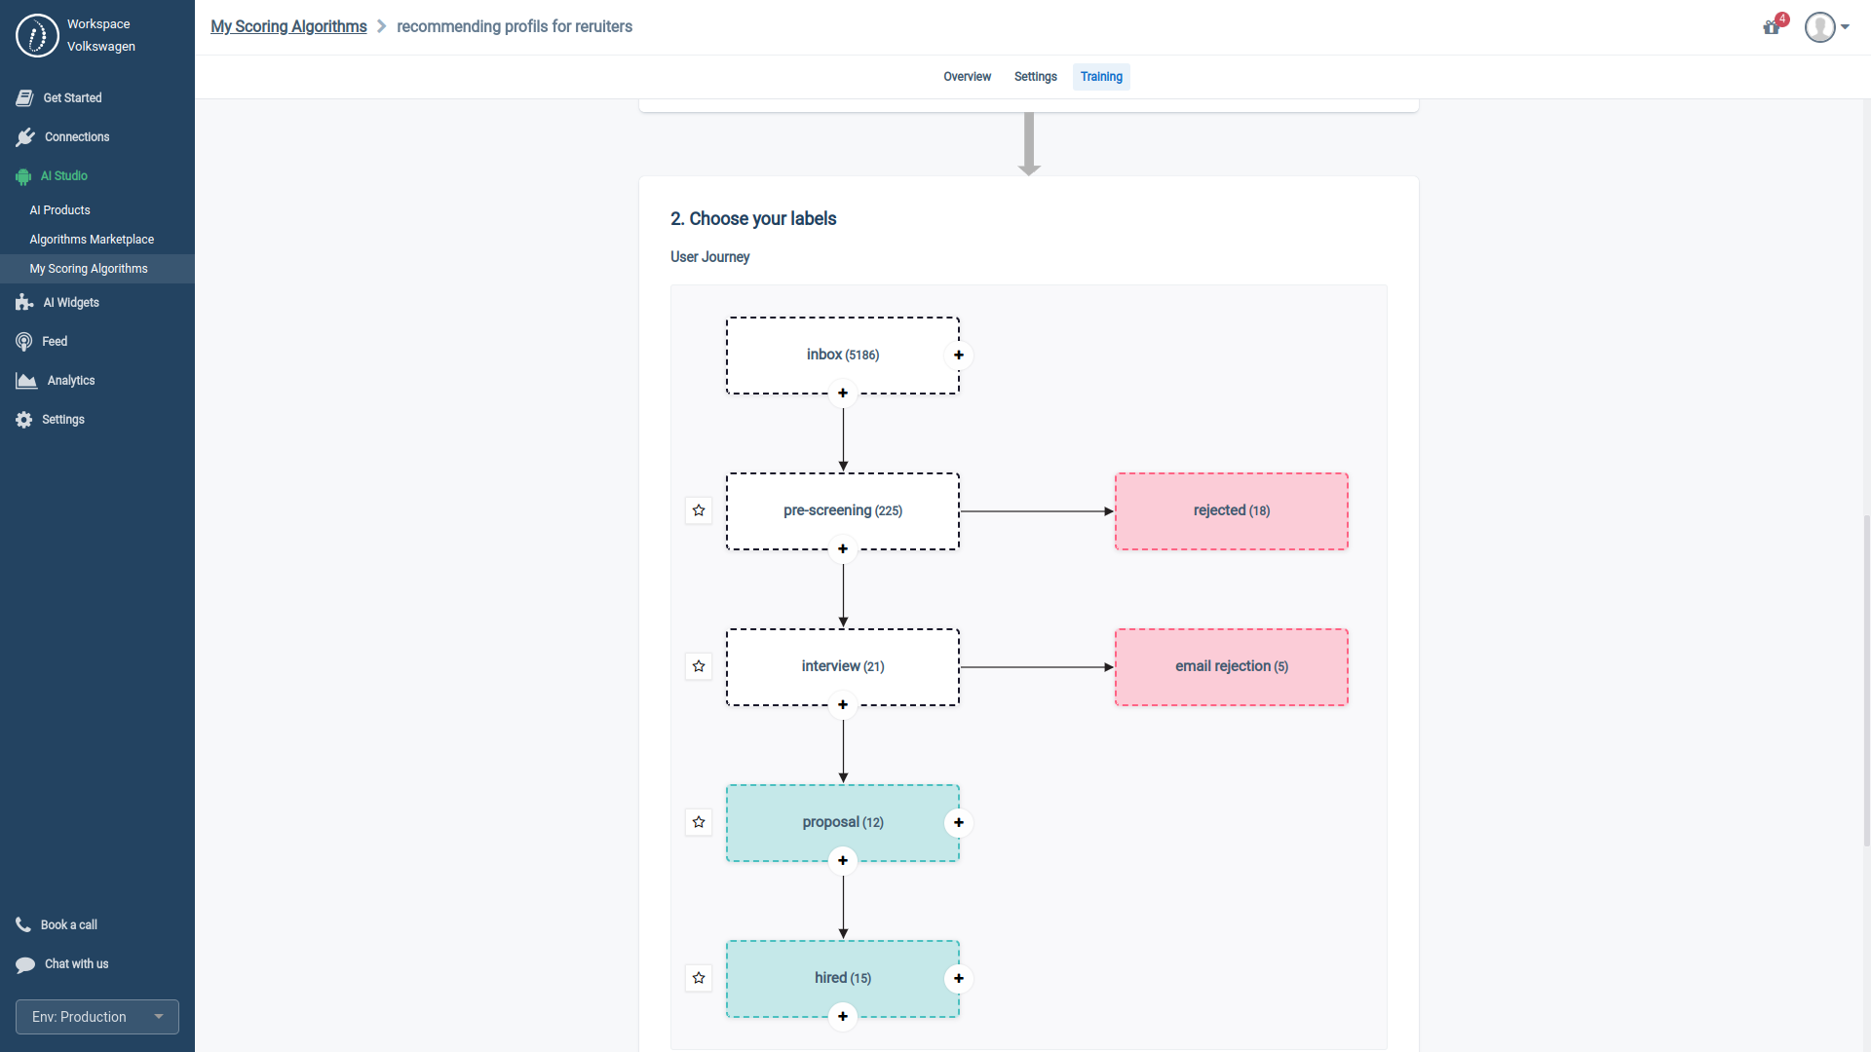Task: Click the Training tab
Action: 1101,77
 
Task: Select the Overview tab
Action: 967,77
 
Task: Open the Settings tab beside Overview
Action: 1035,77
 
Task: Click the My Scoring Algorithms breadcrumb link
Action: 288,26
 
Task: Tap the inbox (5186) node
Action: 842,355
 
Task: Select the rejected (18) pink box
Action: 1231,510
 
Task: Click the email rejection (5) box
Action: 1231,666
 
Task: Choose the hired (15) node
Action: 842,978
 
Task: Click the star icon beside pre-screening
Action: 699,510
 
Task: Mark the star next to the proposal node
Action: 699,822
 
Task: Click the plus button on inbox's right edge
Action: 959,355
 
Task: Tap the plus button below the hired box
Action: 843,1016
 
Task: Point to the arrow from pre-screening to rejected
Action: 1036,511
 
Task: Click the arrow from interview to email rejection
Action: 1036,667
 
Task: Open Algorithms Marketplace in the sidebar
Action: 92,240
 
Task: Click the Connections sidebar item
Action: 77,137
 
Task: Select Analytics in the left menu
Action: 71,381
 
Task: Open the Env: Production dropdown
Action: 97,1017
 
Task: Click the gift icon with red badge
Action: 1772,27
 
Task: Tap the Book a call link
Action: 68,925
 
